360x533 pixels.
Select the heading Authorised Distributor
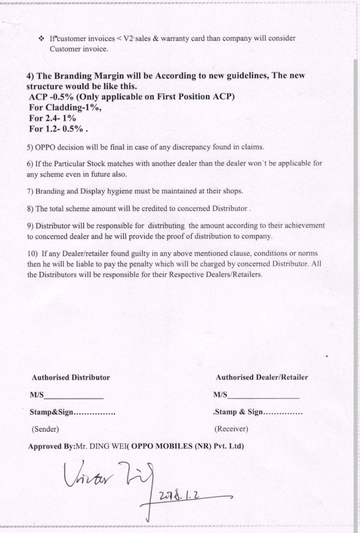[71, 377]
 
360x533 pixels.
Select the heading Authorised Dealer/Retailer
[262, 377]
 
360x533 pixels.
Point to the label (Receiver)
[231, 428]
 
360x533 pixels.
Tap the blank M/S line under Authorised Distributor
[74, 396]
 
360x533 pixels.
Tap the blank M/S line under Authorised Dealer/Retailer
[263, 396]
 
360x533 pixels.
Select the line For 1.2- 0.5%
[58, 129]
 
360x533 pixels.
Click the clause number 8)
[30, 208]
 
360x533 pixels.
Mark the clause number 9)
[30, 226]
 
